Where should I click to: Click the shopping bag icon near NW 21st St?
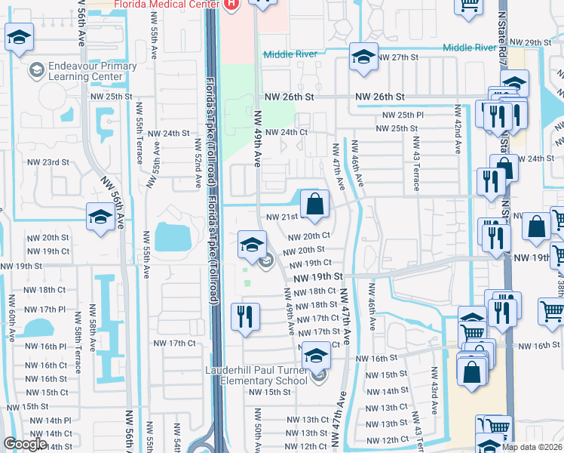pyautogui.click(x=315, y=204)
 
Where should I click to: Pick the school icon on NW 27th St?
pyautogui.click(x=363, y=57)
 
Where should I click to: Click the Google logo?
pyautogui.click(x=25, y=444)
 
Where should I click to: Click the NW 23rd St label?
pyautogui.click(x=48, y=162)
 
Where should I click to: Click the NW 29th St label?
pyautogui.click(x=531, y=42)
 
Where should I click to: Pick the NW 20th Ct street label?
pyautogui.click(x=311, y=236)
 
